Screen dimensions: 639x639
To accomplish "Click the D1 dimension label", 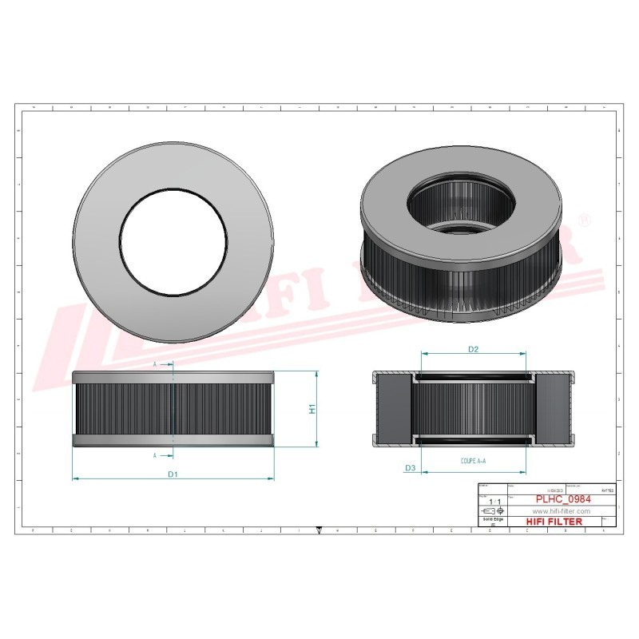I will (x=172, y=474).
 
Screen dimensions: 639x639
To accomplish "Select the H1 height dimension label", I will (x=312, y=409).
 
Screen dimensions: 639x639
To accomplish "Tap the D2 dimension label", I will (x=473, y=350).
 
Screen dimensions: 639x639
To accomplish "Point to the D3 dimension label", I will (x=410, y=467).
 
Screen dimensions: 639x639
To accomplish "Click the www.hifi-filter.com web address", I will (x=560, y=510).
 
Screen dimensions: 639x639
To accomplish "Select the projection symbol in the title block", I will (x=490, y=510).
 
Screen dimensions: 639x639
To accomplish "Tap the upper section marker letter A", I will (x=155, y=364).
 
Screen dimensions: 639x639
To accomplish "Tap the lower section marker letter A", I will (x=155, y=454).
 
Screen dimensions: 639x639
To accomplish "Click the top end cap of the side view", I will (x=173, y=376).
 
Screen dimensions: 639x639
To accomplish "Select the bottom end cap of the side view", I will (x=173, y=441).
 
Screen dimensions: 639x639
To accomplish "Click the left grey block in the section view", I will (x=393, y=408).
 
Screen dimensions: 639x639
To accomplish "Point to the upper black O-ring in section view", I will (x=473, y=379).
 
